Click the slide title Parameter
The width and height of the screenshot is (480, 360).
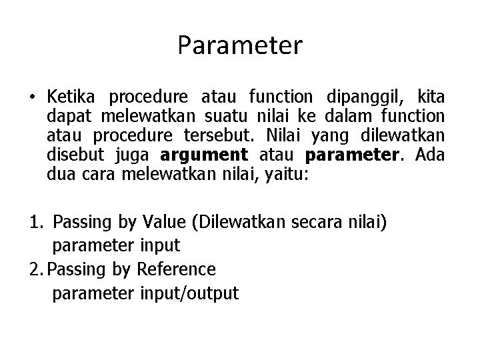[240, 46]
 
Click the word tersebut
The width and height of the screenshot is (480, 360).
[214, 136]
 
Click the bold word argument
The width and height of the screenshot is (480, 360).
[203, 155]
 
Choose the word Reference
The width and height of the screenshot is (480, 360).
[175, 269]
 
